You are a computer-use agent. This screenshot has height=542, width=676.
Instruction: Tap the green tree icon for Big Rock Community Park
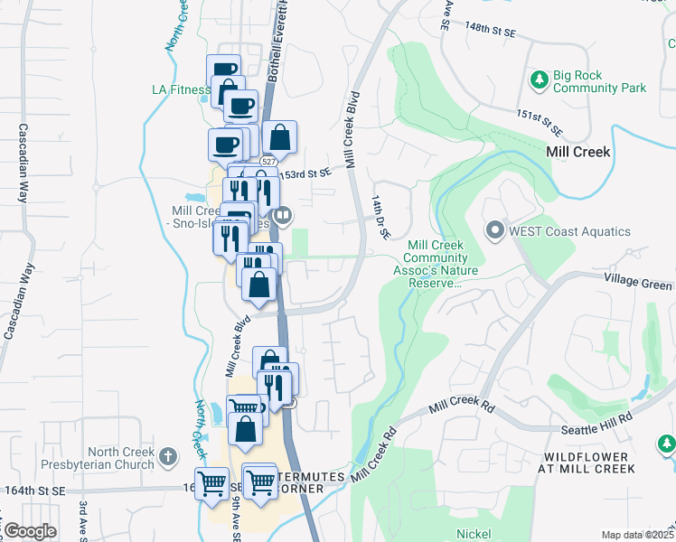pyautogui.click(x=539, y=79)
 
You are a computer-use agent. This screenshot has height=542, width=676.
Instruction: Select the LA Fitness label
pyautogui.click(x=180, y=89)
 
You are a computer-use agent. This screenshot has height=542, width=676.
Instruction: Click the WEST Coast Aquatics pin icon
pyautogui.click(x=494, y=231)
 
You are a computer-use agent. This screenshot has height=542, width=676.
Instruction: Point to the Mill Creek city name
pyautogui.click(x=578, y=152)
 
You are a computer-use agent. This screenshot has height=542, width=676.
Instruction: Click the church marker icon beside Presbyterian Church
pyautogui.click(x=167, y=458)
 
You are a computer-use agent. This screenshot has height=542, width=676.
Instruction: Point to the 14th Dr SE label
pyautogui.click(x=379, y=216)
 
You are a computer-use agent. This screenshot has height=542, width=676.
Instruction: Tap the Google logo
pyautogui.click(x=31, y=530)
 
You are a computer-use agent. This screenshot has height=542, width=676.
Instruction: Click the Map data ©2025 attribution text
pyautogui.click(x=636, y=535)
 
